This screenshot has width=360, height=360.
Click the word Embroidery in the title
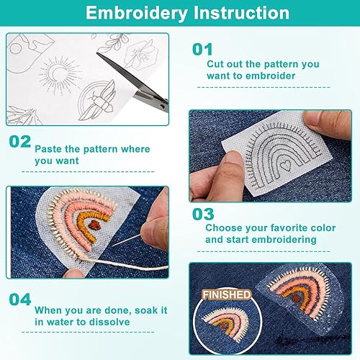click(137, 13)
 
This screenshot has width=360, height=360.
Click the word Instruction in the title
click(241, 12)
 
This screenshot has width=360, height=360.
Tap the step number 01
click(202, 50)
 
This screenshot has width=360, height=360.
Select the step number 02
click(20, 141)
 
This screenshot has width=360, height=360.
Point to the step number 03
click(203, 214)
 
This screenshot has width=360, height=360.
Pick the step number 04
click(20, 300)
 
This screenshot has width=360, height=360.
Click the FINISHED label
click(227, 294)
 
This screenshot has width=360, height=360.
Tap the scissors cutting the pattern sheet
click(135, 81)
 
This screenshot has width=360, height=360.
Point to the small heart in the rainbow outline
click(286, 165)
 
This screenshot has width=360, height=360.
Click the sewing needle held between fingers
click(125, 240)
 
